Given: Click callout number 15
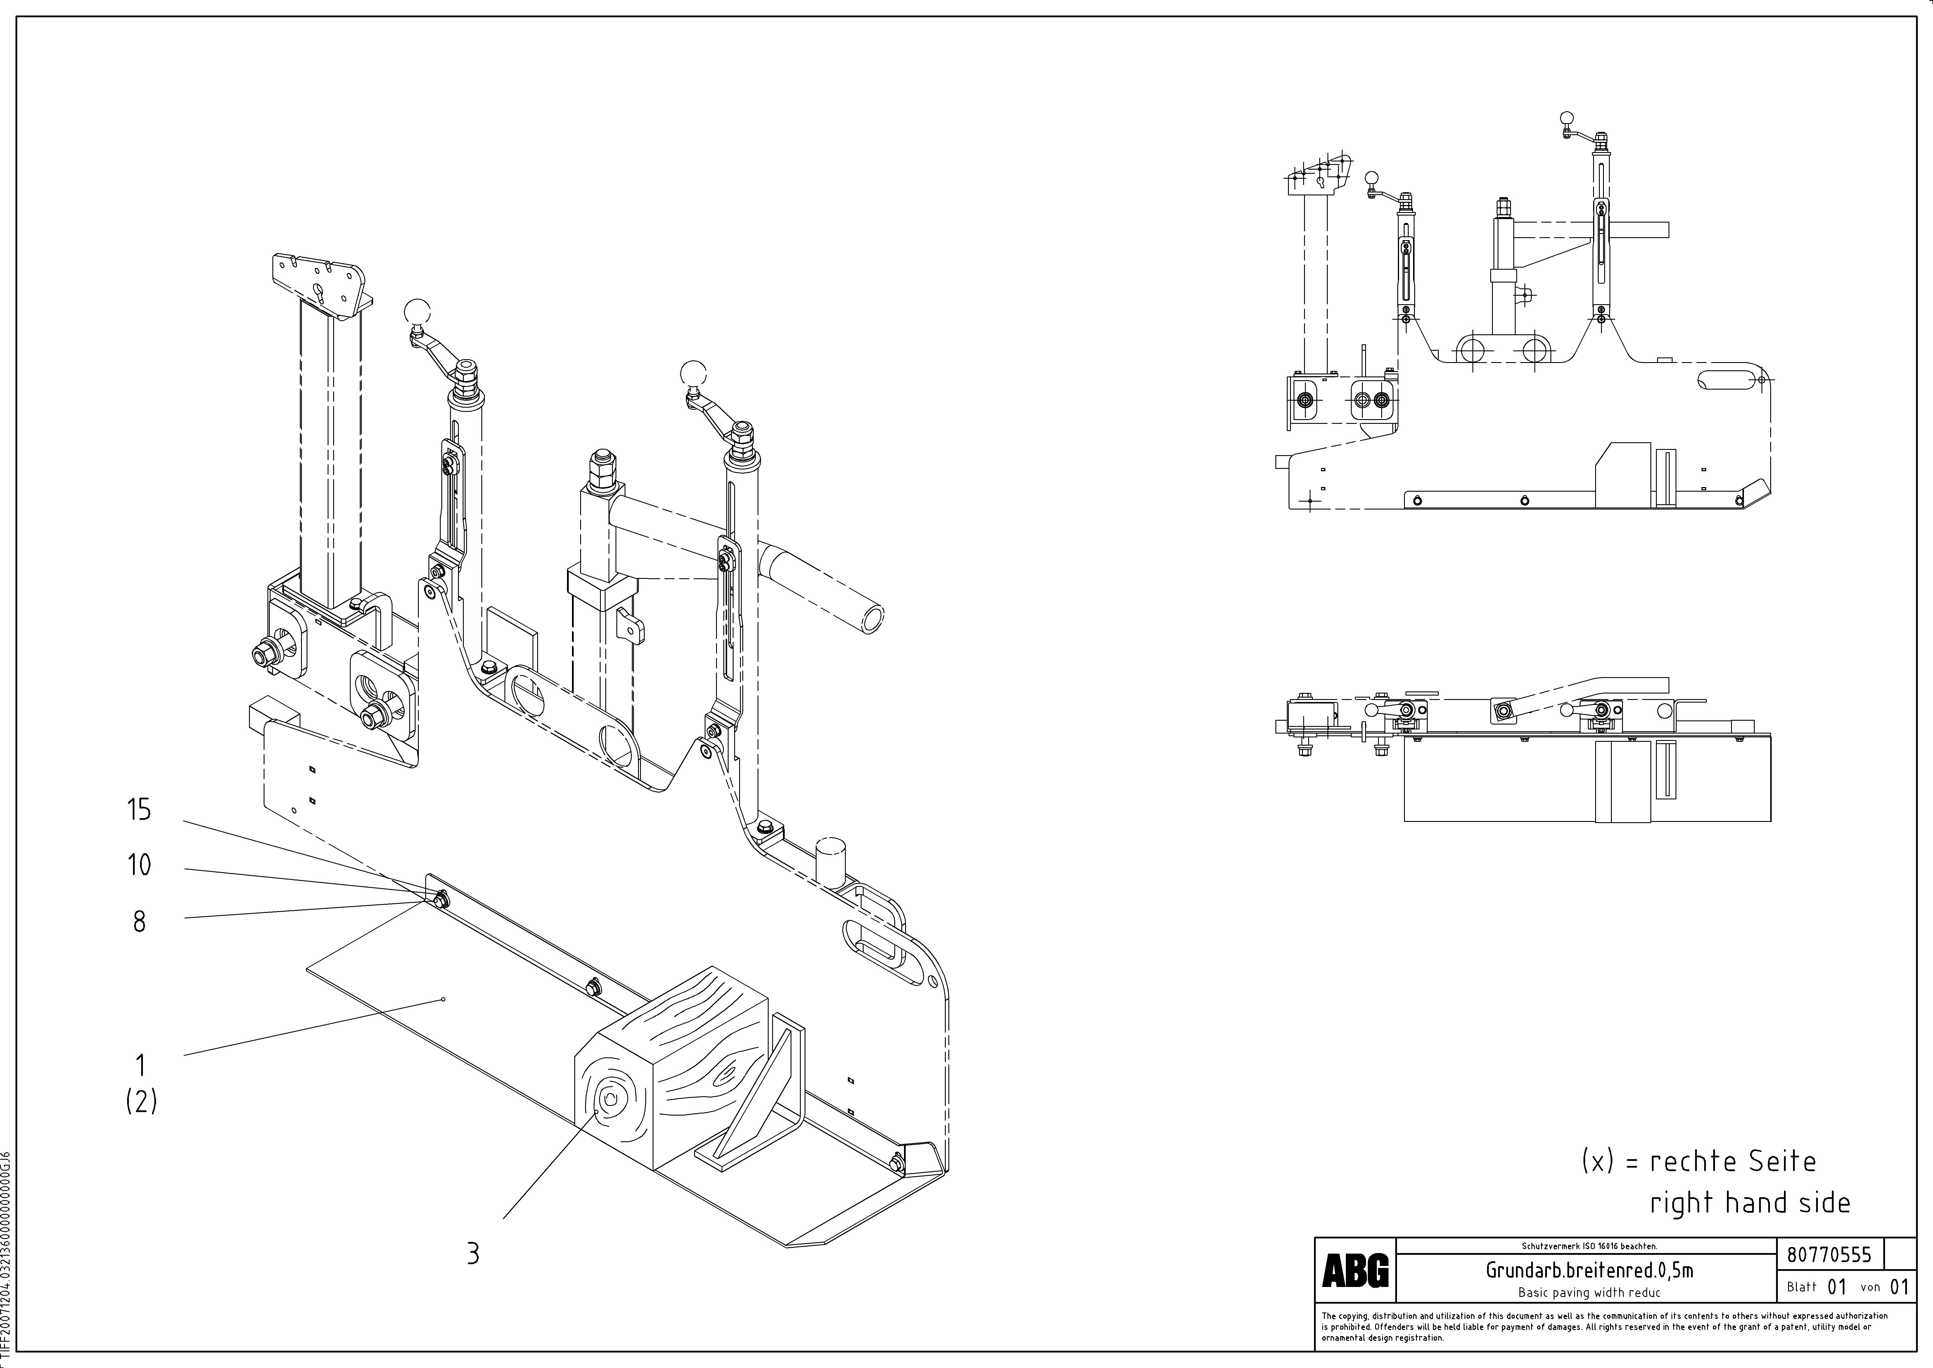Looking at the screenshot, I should click(x=139, y=810).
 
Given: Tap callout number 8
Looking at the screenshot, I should click(x=139, y=922).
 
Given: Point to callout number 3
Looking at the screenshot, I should click(x=473, y=1253).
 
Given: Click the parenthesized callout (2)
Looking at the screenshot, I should click(x=141, y=1101).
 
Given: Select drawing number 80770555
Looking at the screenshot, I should click(x=1830, y=1255).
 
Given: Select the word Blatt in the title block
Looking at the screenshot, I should click(x=1802, y=1287).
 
